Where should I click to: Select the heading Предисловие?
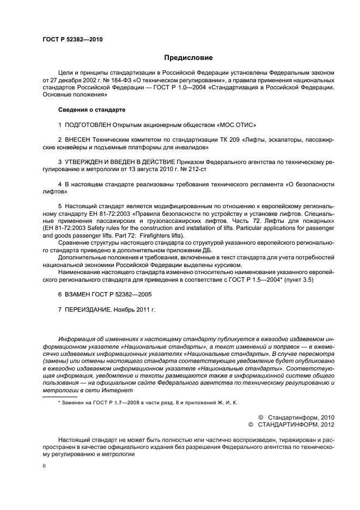[188, 58]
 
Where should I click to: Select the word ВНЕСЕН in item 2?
[79, 140]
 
